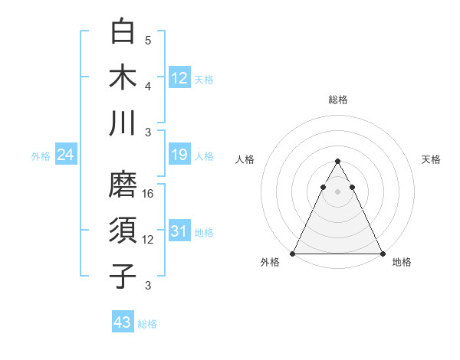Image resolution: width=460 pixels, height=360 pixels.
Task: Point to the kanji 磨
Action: click(x=123, y=186)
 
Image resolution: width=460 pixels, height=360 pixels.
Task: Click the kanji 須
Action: click(x=123, y=231)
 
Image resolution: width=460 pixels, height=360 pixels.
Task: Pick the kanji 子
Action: click(x=123, y=276)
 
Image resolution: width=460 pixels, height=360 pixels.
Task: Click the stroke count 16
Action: click(x=149, y=194)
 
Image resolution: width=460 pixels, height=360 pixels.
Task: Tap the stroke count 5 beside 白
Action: click(x=148, y=40)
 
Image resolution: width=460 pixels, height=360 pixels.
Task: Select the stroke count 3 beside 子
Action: click(x=148, y=286)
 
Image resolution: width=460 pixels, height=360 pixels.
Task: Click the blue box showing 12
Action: click(x=179, y=77)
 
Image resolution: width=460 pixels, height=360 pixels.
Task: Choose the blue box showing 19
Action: click(x=179, y=155)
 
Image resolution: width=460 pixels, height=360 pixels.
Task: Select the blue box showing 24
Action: click(x=66, y=155)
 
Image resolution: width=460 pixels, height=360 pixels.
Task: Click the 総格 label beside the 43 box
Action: click(x=148, y=324)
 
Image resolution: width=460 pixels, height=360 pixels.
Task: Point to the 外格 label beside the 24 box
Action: click(x=41, y=156)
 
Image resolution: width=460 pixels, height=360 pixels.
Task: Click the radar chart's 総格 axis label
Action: click(x=338, y=100)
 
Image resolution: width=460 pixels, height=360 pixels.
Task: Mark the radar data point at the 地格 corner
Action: click(x=383, y=254)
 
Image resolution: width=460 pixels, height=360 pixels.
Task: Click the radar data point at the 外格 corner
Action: click(x=293, y=254)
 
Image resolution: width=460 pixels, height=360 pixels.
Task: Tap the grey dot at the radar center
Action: click(x=337, y=191)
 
